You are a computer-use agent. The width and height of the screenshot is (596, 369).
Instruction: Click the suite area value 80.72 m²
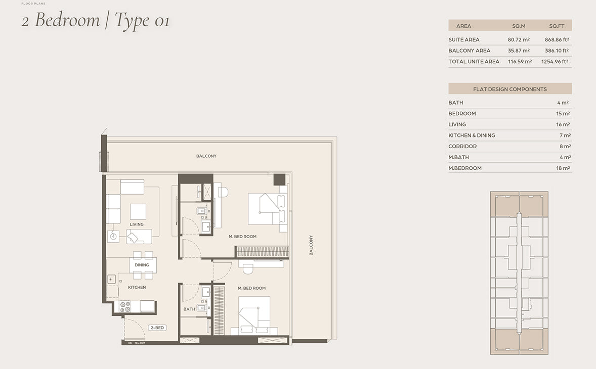[x=519, y=39]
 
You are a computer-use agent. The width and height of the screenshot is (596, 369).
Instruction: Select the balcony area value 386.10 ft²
[x=557, y=51]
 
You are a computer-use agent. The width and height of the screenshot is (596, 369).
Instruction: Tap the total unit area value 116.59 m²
[x=520, y=62]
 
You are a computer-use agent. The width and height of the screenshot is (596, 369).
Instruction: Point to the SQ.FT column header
[x=557, y=26]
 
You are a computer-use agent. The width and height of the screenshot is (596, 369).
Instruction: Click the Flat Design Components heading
[x=509, y=89]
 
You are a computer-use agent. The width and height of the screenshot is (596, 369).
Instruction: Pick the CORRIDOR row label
[x=462, y=146]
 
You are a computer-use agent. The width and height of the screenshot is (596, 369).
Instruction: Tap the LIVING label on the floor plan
[x=137, y=224]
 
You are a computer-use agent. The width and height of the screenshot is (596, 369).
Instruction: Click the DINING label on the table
[x=142, y=265]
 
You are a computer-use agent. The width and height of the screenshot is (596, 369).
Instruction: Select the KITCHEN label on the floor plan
[x=137, y=288]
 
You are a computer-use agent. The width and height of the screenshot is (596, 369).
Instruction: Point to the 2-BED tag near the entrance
[x=157, y=328]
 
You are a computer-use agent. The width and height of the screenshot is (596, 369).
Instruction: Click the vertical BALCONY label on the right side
[x=311, y=245]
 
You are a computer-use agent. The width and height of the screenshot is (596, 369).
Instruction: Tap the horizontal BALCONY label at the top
[x=206, y=156]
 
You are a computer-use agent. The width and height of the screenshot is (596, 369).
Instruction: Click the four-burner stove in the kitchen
[x=125, y=307]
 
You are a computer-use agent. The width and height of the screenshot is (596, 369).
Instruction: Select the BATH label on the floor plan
[x=189, y=309]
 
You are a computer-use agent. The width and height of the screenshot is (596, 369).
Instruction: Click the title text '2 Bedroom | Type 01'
[x=96, y=21]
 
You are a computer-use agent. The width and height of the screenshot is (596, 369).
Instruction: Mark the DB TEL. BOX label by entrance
[x=137, y=343]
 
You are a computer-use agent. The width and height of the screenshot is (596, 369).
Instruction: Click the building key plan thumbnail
[x=519, y=273]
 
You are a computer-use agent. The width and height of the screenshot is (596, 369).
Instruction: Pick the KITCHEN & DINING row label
[x=472, y=135]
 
